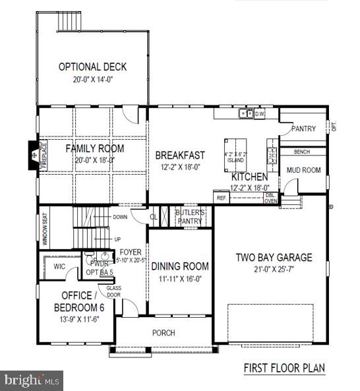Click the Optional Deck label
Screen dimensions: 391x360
(x=92, y=67)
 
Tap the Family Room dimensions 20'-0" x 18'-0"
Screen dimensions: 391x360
(x=94, y=159)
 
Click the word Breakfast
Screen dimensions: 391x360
(x=180, y=155)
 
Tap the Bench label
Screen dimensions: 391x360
(x=302, y=152)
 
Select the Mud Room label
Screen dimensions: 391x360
(x=303, y=170)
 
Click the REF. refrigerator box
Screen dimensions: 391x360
(x=221, y=197)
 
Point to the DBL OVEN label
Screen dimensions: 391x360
(x=271, y=198)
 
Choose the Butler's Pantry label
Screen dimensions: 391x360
(x=191, y=217)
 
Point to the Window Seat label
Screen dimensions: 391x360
(x=45, y=228)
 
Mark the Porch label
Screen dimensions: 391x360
(x=164, y=333)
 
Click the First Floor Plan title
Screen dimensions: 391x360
(x=284, y=367)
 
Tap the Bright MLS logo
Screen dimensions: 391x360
(x=32, y=380)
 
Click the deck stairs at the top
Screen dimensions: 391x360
(x=69, y=22)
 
